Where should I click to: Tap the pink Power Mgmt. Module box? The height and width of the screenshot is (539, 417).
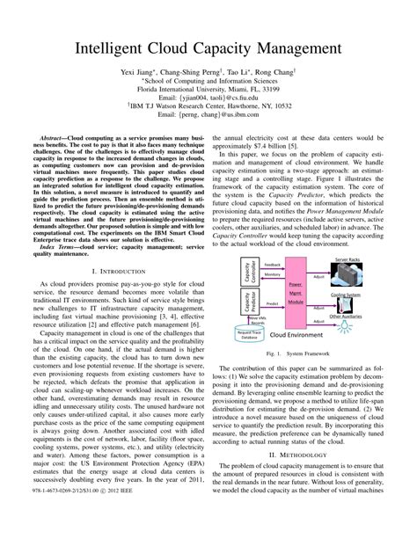pyautogui.click(x=295, y=296)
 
